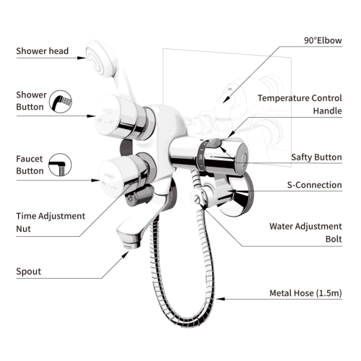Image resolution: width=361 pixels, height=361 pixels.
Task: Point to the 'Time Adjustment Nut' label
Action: [51, 222]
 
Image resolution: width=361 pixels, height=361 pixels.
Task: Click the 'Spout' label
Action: [29, 271]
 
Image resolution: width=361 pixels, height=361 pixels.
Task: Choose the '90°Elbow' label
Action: [321, 40]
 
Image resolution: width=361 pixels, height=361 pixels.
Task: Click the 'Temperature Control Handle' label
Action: [300, 103]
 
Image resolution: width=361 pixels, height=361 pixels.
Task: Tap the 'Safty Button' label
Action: [316, 157]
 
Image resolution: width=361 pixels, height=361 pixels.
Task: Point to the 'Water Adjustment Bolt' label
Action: [305, 232]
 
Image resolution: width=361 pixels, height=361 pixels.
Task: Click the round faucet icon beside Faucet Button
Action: [60, 167]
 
